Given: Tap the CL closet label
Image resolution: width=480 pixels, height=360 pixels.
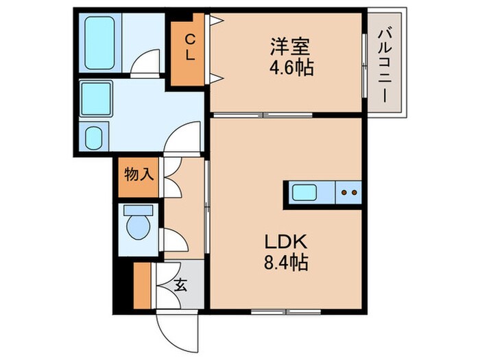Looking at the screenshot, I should tap(189, 47).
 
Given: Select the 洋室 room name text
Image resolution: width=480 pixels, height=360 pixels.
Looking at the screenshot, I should tap(289, 48).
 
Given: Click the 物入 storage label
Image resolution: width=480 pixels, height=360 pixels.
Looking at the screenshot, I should tap(139, 174).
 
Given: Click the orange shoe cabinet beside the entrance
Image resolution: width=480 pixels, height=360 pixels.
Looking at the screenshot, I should tap(143, 284).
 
